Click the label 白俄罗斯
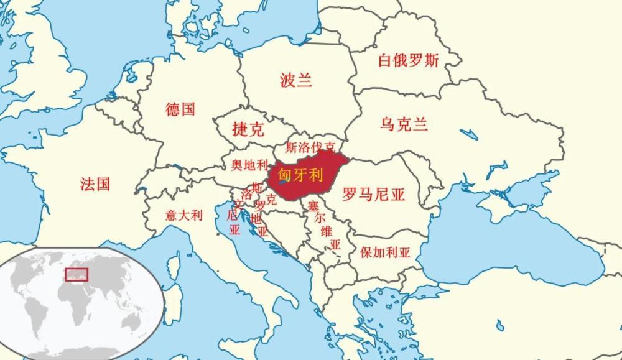click(409, 60)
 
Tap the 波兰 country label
click(295, 80)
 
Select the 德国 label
click(180, 109)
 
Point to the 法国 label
click(95, 183)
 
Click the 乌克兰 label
click(404, 124)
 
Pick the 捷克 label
click(248, 129)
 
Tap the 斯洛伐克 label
click(310, 147)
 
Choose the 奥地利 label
click(249, 165)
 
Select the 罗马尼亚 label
click(373, 195)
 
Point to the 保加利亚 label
click(386, 253)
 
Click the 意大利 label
click(183, 216)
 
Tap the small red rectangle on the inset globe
click(77, 274)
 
